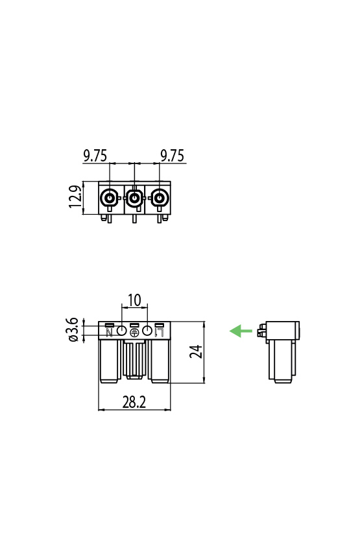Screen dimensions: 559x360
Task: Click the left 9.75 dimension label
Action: coord(95,156)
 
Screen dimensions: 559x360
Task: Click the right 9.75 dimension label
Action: coord(172,156)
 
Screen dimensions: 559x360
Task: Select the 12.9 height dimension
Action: coord(75,197)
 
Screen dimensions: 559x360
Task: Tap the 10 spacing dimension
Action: coord(134,300)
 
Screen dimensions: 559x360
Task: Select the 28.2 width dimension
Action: coord(134,403)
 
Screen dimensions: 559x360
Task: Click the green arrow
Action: coord(241,331)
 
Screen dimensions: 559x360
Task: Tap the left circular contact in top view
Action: coord(109,198)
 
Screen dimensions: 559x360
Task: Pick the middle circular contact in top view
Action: coord(134,198)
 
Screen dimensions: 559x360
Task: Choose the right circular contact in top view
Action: coord(159,198)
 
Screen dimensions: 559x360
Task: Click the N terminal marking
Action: coord(109,333)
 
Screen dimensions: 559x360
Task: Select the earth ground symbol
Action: coord(134,333)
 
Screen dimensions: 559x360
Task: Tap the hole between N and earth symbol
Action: coord(121,331)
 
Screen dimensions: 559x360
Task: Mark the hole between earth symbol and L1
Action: coord(147,331)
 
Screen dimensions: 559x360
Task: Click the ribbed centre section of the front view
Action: coord(134,360)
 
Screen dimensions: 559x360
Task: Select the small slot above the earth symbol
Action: coord(134,324)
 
